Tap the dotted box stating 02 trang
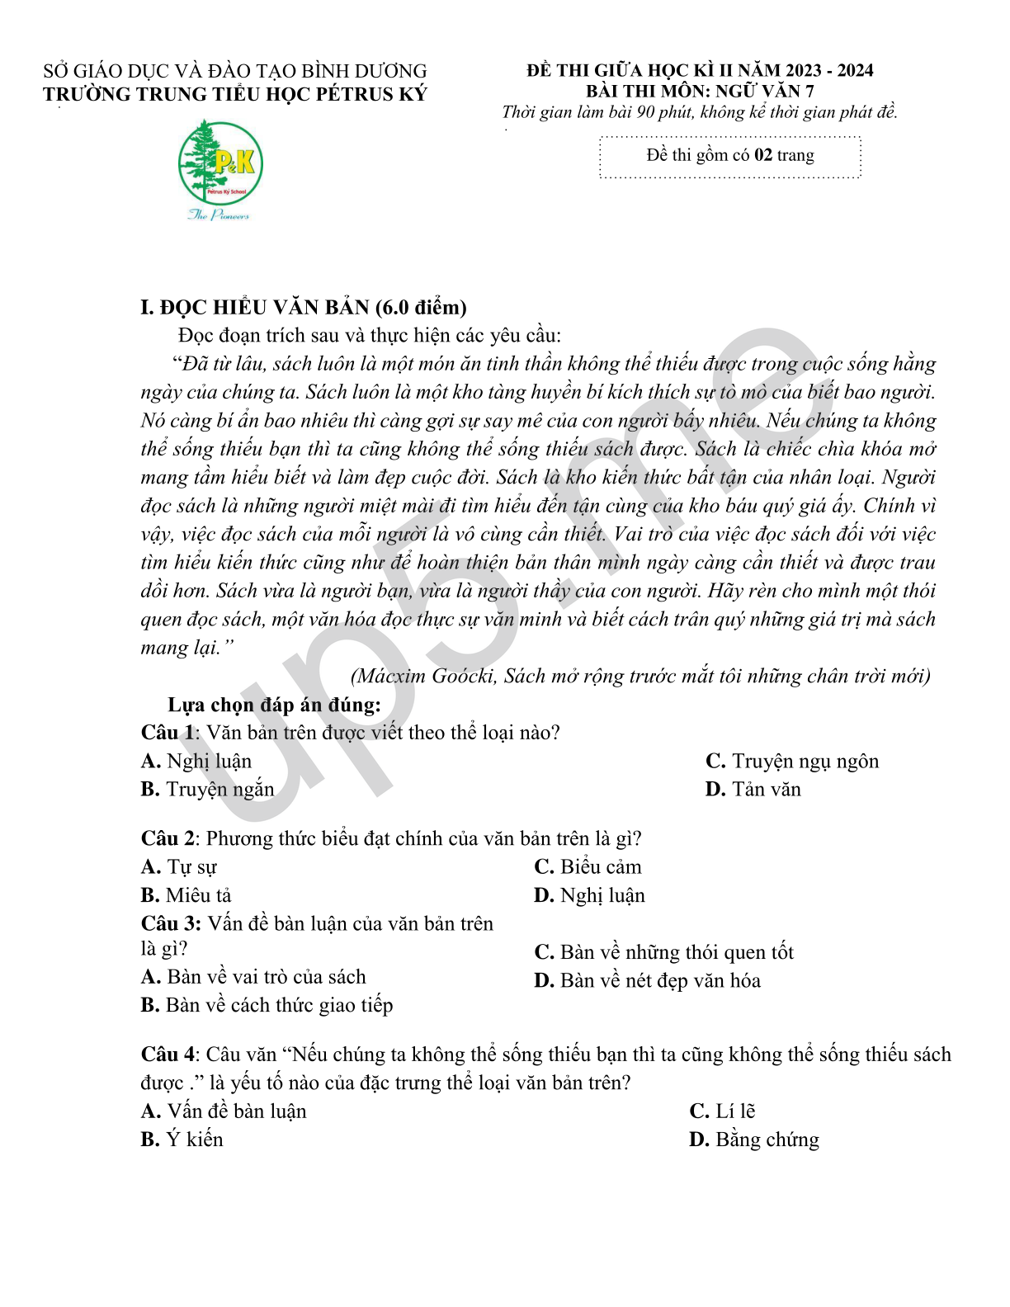(x=729, y=156)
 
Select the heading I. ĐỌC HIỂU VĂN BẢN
(x=304, y=308)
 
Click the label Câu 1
(x=168, y=733)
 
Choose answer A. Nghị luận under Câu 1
(x=196, y=762)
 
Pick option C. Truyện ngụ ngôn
(x=792, y=762)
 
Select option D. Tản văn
(x=753, y=790)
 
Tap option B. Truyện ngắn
(x=207, y=790)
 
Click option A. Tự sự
(x=179, y=867)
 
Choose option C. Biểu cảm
(x=588, y=867)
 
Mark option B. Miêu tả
(x=186, y=896)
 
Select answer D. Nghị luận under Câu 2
(x=589, y=896)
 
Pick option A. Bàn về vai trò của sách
(x=253, y=978)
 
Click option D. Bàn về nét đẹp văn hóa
(x=647, y=981)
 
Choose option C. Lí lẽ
(x=722, y=1112)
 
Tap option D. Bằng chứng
(x=753, y=1140)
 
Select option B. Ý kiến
(x=182, y=1140)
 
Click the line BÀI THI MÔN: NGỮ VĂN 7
(x=700, y=92)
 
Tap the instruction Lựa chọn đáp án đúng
(x=274, y=705)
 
